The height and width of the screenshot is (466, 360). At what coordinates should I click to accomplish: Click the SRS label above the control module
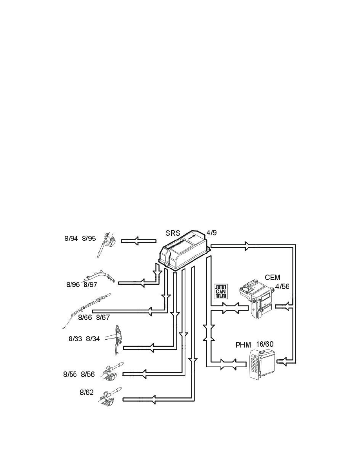173,233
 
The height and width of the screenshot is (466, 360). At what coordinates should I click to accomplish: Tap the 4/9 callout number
211,233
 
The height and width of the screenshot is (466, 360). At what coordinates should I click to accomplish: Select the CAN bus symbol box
221,291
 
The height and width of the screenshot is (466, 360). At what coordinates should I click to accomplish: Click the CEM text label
273,277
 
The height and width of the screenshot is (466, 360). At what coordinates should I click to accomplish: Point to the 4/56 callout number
282,287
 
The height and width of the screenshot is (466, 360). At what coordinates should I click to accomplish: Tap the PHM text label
243,345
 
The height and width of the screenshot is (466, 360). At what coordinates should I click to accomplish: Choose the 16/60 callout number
265,344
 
